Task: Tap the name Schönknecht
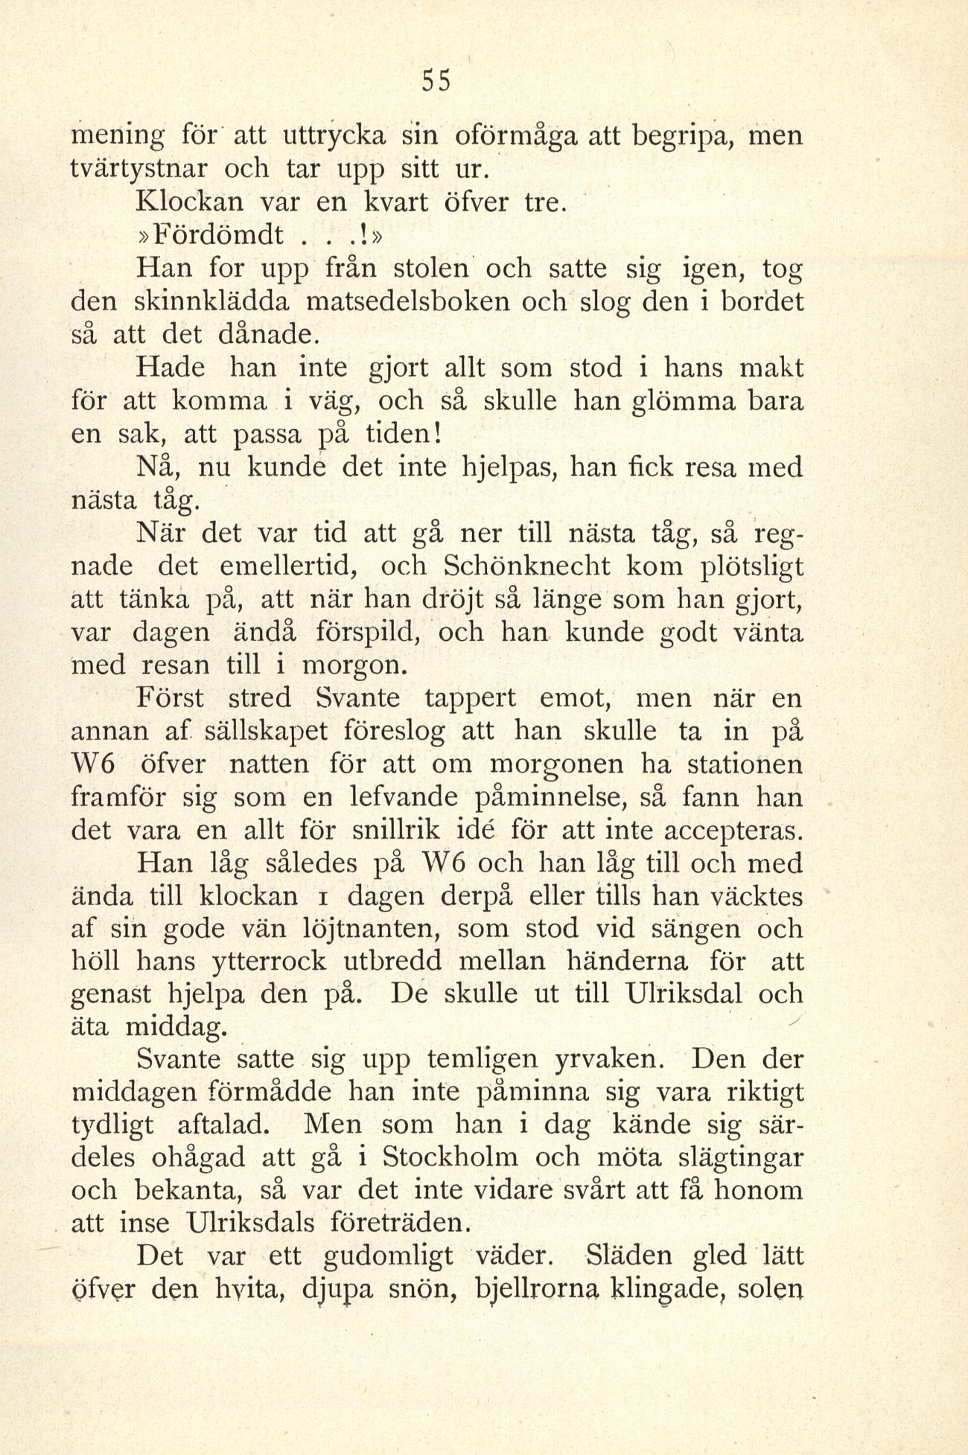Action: click(x=526, y=566)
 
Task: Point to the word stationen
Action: click(x=745, y=764)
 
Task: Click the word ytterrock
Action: click(x=261, y=962)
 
